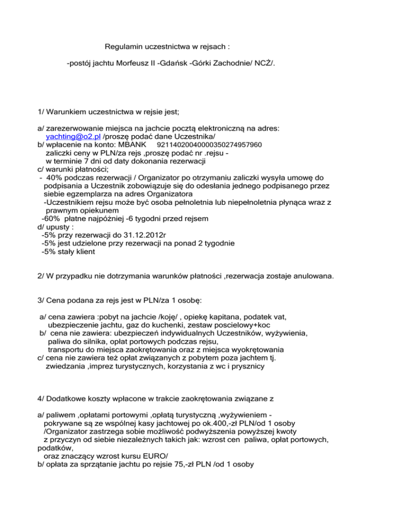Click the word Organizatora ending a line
point(168,195)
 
